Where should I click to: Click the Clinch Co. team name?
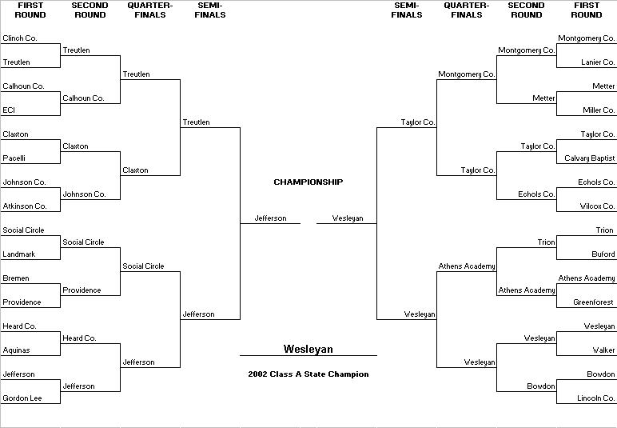[x=20, y=38]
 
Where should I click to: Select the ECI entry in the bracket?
[x=9, y=110]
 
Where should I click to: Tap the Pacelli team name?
[x=14, y=158]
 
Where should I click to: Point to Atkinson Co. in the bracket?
[x=25, y=206]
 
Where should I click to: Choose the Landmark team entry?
[x=19, y=254]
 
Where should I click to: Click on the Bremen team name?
[x=16, y=278]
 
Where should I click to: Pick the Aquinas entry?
[x=16, y=350]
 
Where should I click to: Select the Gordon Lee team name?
[x=22, y=398]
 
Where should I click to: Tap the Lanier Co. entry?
[x=598, y=62]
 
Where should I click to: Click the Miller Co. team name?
[x=599, y=110]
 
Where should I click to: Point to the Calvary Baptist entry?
[x=590, y=158]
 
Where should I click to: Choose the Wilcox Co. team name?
[x=597, y=206]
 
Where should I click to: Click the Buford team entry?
[x=603, y=254]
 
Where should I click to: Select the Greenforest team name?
[x=593, y=302]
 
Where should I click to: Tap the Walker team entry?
[x=603, y=350]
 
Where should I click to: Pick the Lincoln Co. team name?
[x=595, y=398]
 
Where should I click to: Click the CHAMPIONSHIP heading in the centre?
[x=308, y=182]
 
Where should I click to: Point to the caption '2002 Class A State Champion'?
[x=308, y=374]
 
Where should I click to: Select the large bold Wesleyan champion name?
[x=308, y=349]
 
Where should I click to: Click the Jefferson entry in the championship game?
[x=270, y=218]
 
